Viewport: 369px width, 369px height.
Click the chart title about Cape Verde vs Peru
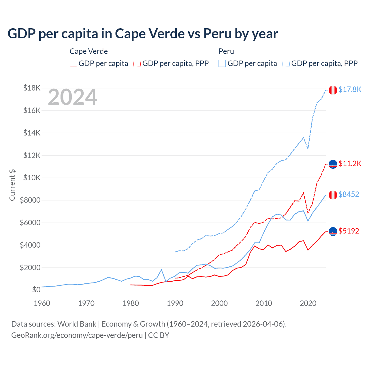click(143, 34)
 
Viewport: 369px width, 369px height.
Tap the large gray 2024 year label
click(72, 97)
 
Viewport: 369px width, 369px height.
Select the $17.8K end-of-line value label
click(350, 90)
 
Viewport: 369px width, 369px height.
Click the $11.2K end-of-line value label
click(350, 164)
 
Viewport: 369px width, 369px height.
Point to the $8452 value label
click(349, 195)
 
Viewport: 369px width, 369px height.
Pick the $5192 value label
click(349, 231)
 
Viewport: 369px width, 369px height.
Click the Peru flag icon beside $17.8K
click(333, 90)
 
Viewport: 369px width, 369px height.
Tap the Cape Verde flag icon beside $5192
click(333, 231)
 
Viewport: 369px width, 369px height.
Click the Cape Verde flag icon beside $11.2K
click(333, 164)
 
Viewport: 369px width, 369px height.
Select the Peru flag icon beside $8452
click(333, 195)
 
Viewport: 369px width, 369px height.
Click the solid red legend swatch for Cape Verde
click(74, 63)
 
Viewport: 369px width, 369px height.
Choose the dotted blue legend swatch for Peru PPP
click(286, 63)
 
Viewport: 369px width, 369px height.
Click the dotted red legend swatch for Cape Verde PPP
click(137, 63)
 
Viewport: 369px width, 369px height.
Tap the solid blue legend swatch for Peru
click(222, 63)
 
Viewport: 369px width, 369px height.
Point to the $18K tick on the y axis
click(32, 88)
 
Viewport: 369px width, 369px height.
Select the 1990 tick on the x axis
click(175, 303)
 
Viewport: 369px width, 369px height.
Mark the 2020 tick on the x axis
click(308, 303)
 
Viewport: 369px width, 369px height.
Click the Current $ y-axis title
click(12, 185)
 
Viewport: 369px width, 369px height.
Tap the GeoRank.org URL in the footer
click(77, 335)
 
